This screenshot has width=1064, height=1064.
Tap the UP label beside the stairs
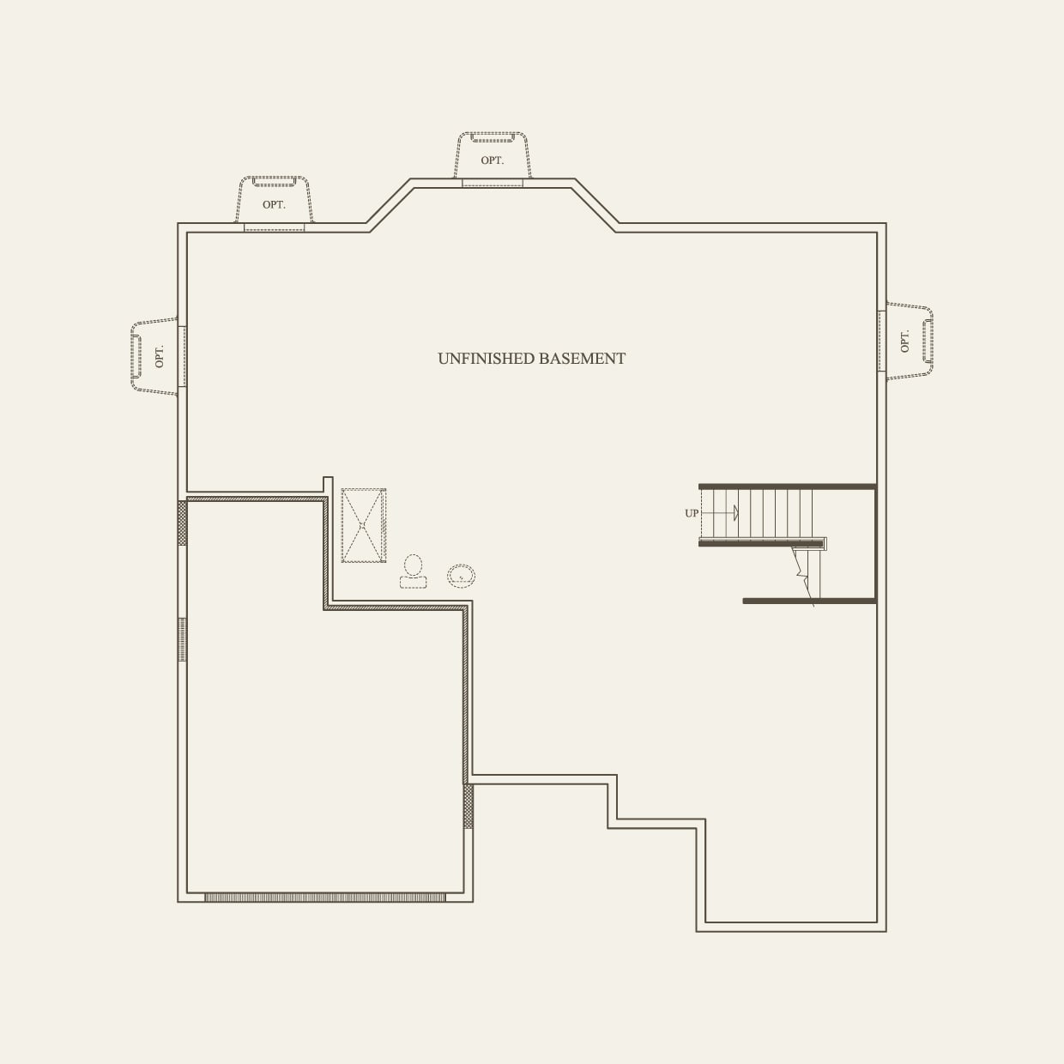point(692,513)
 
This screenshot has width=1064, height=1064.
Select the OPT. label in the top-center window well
point(492,160)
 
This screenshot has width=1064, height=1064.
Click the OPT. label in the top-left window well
point(274,204)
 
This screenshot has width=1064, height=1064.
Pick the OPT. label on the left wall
point(159,356)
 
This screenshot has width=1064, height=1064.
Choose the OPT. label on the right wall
point(904,341)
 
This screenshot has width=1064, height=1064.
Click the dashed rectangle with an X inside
point(364,525)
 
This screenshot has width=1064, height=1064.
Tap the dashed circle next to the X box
point(414,565)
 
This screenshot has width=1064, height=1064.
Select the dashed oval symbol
point(461,576)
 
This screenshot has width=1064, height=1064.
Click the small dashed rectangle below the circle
point(413,583)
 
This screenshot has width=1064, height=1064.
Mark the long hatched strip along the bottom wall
point(324,898)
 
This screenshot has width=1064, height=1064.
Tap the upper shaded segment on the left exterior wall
point(182,523)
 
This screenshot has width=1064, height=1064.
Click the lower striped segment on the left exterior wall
point(182,639)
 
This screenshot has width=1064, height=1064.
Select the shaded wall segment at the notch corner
point(468,806)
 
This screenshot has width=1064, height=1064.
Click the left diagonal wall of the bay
point(390,203)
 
